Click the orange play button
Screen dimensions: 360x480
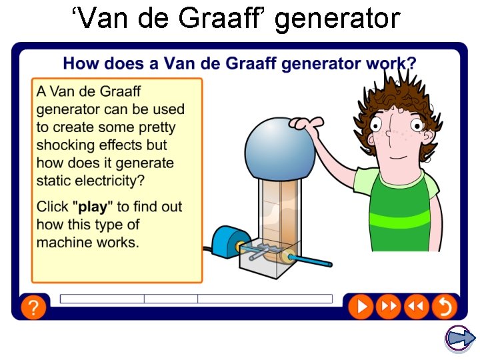[361, 307]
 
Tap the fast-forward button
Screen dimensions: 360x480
[388, 307]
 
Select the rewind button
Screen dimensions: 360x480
[415, 307]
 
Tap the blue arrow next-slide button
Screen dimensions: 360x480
[460, 339]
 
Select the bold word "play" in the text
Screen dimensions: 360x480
[93, 207]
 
